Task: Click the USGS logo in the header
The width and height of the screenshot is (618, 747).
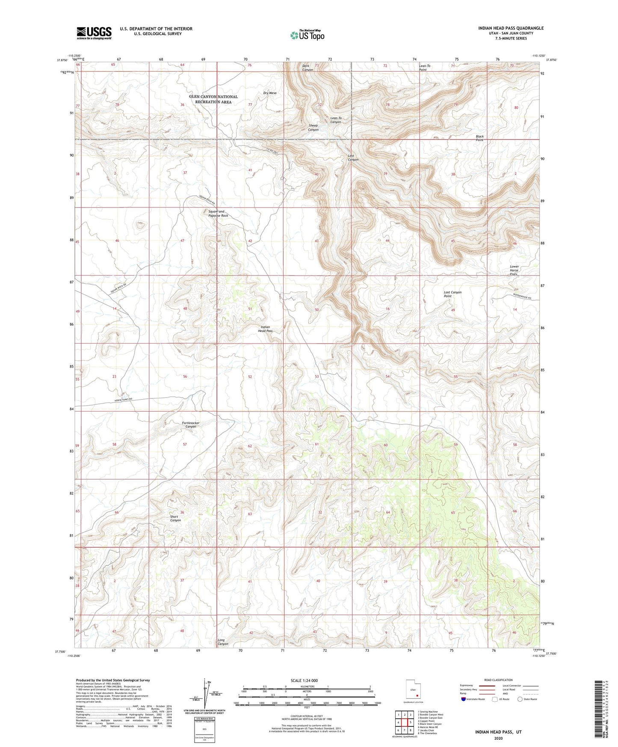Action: [x=94, y=33]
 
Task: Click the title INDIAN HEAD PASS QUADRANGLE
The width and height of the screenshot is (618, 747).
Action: [x=511, y=28]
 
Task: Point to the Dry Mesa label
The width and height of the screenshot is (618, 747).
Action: [x=270, y=93]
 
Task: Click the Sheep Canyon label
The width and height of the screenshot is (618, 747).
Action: [x=313, y=127]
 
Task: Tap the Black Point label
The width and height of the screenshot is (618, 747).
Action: [x=479, y=138]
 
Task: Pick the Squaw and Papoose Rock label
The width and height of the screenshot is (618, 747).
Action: [x=218, y=213]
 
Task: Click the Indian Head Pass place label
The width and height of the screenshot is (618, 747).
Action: [x=266, y=329]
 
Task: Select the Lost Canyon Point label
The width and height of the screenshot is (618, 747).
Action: [x=452, y=294]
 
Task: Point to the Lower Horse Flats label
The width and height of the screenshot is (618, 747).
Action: [x=514, y=270]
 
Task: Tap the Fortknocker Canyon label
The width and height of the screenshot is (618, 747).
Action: [x=188, y=425]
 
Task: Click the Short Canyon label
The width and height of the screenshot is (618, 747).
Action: [x=175, y=519]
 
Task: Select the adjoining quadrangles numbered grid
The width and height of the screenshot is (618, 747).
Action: [x=404, y=722]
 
